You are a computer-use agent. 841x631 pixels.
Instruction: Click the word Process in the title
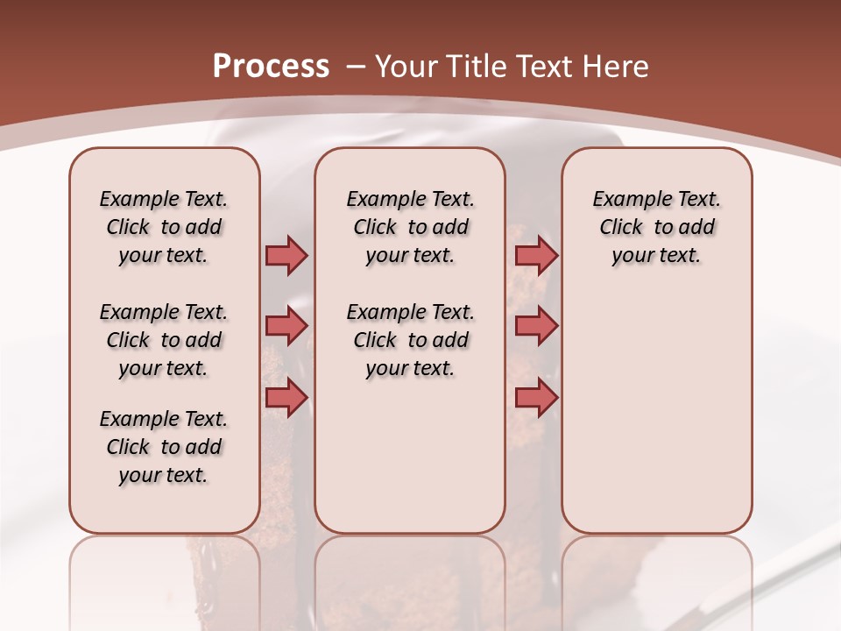[x=271, y=67]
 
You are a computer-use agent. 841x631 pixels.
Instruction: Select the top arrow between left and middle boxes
[x=286, y=255]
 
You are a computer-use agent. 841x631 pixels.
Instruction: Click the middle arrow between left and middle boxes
[x=286, y=326]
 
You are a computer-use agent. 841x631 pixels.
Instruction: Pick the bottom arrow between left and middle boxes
[x=286, y=398]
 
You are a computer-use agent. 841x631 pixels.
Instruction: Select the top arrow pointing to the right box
[x=536, y=255]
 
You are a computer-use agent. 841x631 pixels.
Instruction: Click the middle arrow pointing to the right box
[x=536, y=326]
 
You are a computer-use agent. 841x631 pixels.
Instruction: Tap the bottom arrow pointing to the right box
[x=536, y=398]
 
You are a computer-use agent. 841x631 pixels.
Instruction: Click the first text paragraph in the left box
[x=164, y=227]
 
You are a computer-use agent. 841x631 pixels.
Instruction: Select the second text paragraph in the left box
[x=164, y=340]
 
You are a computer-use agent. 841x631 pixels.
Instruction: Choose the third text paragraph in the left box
[x=164, y=447]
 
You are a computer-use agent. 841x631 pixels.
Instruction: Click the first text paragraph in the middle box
[x=410, y=227]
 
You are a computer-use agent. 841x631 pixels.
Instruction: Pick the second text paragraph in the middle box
[x=410, y=340]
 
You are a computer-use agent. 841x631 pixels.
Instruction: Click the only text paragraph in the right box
[x=656, y=227]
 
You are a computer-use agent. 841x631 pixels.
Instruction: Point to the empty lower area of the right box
[x=656, y=412]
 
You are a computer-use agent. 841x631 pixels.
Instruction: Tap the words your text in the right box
[x=656, y=256]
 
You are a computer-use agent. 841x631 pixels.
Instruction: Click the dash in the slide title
[x=356, y=67]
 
